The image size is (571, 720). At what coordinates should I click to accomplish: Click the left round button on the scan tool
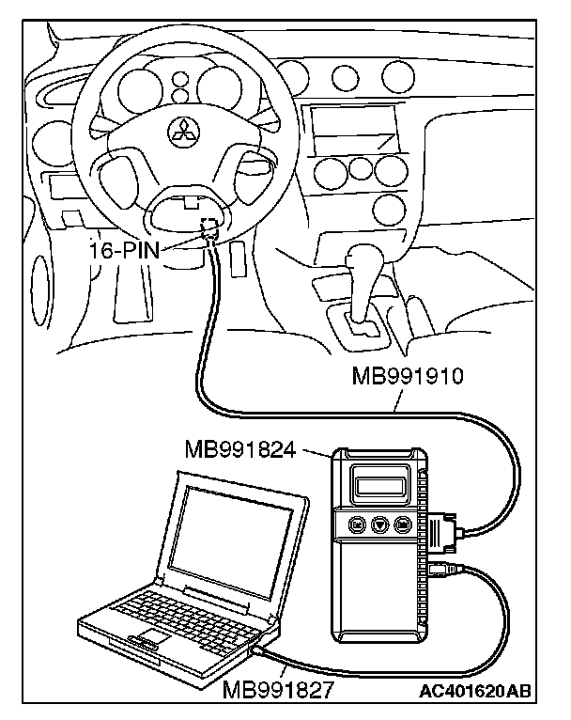click(358, 524)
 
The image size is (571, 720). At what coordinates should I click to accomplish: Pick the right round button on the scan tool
click(403, 524)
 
